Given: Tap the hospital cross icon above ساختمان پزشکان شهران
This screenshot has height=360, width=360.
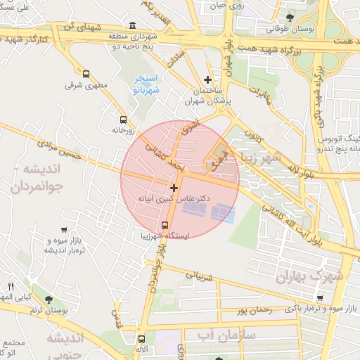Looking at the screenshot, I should [x=207, y=80].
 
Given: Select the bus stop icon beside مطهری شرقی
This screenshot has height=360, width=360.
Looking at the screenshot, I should [x=86, y=74].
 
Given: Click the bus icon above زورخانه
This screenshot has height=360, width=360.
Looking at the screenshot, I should [x=123, y=119].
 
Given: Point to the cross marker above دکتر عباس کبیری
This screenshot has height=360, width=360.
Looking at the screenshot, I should [x=174, y=188].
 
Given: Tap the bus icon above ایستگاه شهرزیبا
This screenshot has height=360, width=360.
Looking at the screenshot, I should [x=165, y=226].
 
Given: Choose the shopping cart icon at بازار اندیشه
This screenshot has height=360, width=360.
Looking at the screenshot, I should [x=65, y=230].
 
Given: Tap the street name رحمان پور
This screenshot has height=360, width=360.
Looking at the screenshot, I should [x=253, y=309].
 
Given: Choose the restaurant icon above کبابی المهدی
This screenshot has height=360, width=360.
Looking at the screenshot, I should [x=10, y=285].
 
